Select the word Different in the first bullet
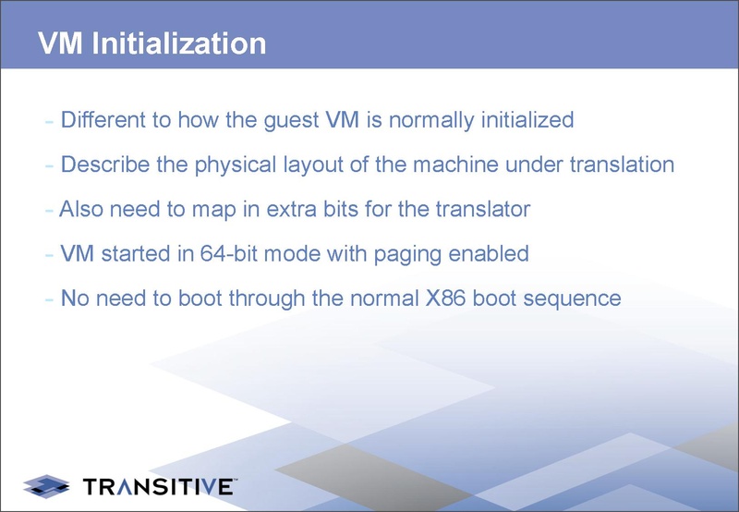pyautogui.click(x=103, y=120)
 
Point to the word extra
pyautogui.click(x=314, y=210)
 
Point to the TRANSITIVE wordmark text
pyautogui.click(x=159, y=485)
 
